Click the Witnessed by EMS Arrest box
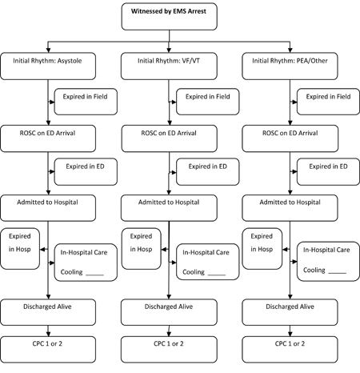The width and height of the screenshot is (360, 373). click(170, 17)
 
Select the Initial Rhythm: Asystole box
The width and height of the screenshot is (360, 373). click(48, 66)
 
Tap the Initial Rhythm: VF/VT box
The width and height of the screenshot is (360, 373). click(169, 66)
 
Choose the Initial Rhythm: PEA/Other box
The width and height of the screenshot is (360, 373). click(290, 66)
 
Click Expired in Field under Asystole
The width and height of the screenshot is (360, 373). click(86, 102)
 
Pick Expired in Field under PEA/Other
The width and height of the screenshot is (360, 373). click(328, 102)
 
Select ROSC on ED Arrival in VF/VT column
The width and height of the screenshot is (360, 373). click(170, 138)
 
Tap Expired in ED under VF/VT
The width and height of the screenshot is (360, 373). click(208, 172)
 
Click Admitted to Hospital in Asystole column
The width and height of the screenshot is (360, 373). click(48, 208)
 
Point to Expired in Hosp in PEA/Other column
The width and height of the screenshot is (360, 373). click(262, 249)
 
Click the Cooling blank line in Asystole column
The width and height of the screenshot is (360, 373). click(94, 275)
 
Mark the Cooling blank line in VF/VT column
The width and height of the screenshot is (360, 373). click(217, 275)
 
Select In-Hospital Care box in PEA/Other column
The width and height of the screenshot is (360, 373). click(328, 262)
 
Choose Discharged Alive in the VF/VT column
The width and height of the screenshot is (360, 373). click(169, 312)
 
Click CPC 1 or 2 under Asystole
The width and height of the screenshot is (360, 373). click(48, 350)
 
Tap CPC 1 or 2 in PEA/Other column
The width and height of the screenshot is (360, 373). click(290, 350)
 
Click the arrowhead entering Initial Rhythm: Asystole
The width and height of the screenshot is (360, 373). click(48, 50)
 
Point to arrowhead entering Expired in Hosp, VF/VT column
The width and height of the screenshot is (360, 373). click(164, 250)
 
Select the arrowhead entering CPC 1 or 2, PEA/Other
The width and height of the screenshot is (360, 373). click(290, 334)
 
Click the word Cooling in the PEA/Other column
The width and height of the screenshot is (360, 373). click(314, 271)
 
